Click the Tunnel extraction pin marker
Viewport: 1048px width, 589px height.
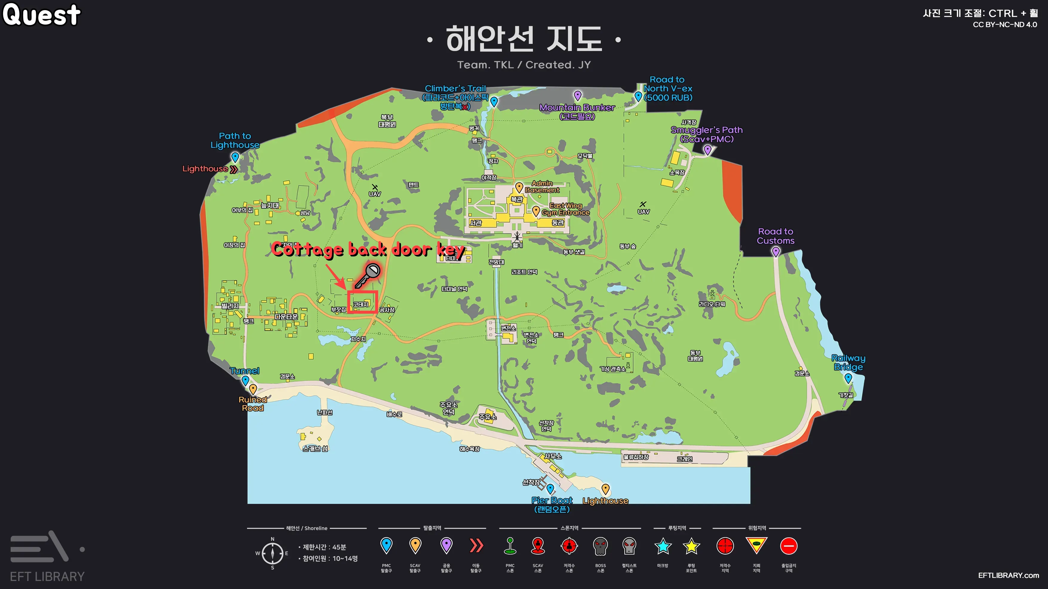[245, 380]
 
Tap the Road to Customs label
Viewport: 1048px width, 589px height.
[776, 236]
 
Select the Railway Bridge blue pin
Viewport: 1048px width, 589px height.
[848, 378]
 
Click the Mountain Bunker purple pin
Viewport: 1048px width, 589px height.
[578, 96]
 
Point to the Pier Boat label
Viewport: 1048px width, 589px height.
[552, 500]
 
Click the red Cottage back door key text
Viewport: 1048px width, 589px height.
[368, 250]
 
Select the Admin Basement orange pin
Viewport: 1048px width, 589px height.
[519, 187]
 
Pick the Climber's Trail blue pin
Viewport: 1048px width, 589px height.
[494, 102]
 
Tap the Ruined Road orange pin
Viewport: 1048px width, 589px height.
[253, 389]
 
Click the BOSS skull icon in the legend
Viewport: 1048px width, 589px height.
[600, 546]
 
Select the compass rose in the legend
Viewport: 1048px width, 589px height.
[272, 553]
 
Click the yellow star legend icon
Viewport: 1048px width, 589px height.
[691, 546]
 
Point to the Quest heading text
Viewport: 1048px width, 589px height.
[42, 15]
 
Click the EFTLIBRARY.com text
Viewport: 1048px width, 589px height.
[1008, 575]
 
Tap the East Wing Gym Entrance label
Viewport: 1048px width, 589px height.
[566, 209]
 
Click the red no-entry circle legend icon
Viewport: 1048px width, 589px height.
[788, 546]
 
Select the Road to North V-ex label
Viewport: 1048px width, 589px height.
[668, 88]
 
